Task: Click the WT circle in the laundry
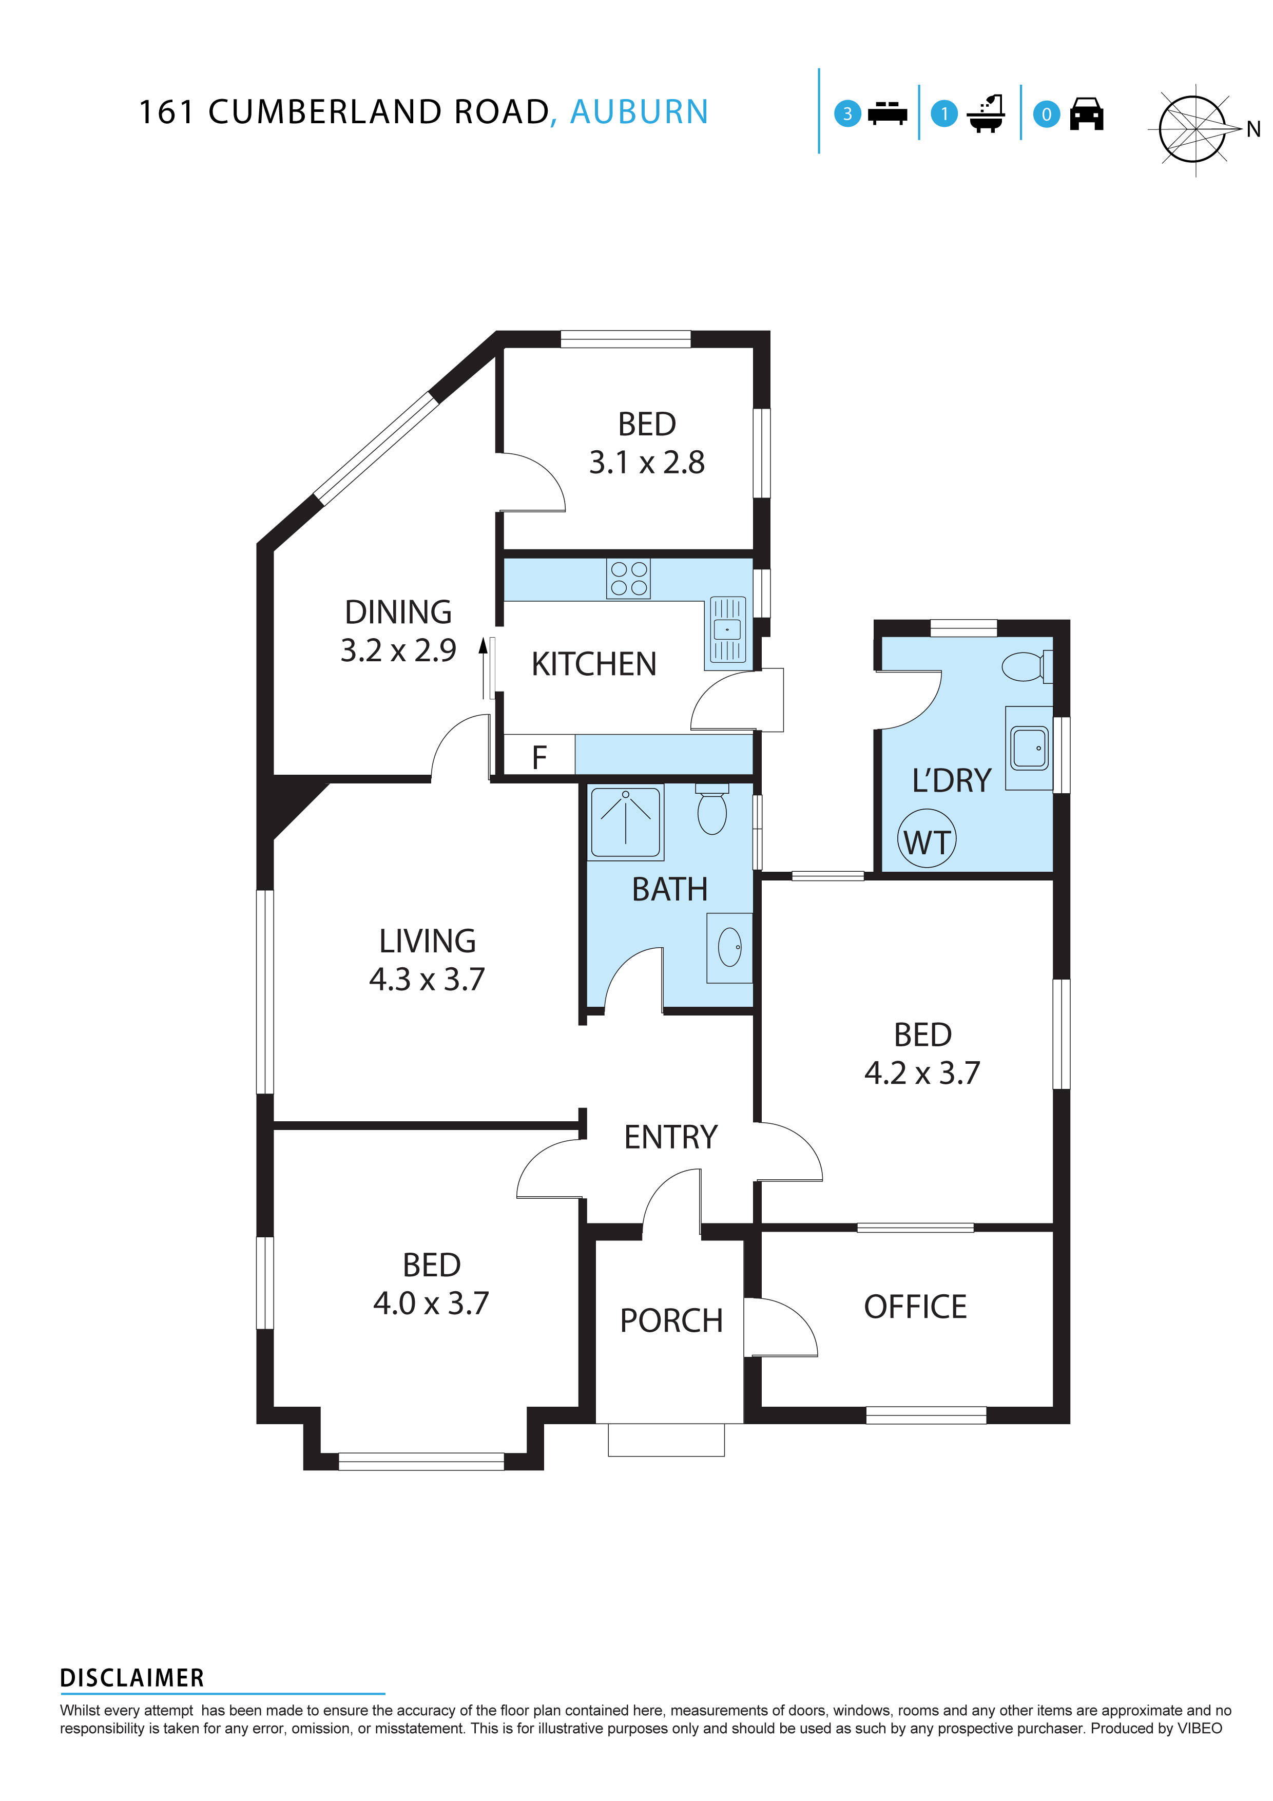927,838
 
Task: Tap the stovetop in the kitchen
628,579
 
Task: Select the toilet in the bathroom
712,810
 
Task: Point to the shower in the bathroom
626,821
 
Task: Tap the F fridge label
539,758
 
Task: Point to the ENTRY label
670,1137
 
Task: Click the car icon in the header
1086,114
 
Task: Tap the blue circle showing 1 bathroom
944,114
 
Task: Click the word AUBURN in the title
639,112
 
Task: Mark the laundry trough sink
1029,748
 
